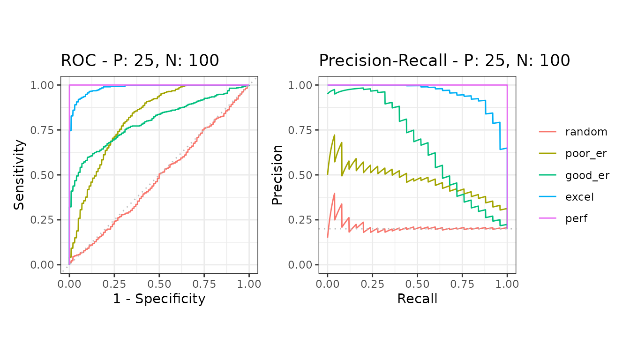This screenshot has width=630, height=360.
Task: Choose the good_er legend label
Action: [x=587, y=175]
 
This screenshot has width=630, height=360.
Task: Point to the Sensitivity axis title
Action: [x=19, y=175]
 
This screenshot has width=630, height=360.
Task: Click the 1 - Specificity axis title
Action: [x=159, y=299]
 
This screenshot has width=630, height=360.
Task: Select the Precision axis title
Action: [x=277, y=175]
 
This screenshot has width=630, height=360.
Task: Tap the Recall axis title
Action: [x=417, y=299]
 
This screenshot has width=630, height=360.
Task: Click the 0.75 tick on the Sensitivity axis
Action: [x=42, y=130]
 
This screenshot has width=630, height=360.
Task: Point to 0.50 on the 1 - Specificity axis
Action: [x=159, y=284]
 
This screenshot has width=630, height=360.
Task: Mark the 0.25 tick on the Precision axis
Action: [x=300, y=220]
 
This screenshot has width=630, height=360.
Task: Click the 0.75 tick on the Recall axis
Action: [x=462, y=284]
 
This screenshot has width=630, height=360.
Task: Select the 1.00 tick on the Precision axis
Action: [x=300, y=85]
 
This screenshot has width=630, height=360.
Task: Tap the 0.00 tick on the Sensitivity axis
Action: [x=42, y=265]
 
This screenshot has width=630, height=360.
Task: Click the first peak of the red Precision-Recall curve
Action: [x=334, y=193]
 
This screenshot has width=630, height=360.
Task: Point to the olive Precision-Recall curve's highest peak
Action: [x=334, y=135]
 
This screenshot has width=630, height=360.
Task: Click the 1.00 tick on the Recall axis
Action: [x=507, y=284]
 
